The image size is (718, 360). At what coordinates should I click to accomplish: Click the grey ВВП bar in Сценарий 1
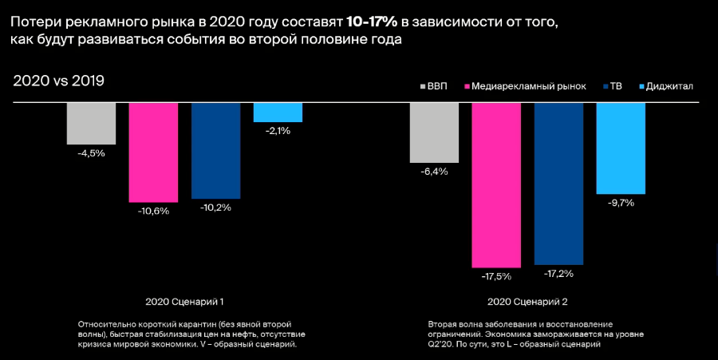91,123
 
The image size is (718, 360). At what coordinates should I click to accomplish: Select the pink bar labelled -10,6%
153,152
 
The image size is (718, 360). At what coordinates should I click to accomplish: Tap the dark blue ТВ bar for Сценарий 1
215,150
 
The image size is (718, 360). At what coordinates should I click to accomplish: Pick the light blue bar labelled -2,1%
278,112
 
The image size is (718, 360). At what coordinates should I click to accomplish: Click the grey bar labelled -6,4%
434,132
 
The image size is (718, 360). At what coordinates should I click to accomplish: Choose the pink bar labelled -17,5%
496,184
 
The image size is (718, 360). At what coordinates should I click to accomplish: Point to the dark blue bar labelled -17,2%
558,184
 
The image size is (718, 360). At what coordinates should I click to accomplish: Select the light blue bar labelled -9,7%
621,148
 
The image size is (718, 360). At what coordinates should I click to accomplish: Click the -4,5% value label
91,153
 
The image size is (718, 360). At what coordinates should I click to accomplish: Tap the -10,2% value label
215,208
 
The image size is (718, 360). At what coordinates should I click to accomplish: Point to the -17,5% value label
496,276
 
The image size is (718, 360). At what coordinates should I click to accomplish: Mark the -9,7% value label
621,203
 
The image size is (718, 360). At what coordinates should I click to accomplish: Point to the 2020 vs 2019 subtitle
59,81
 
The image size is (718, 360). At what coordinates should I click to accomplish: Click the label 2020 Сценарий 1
184,303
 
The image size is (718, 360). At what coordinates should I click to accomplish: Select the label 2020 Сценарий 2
527,303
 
